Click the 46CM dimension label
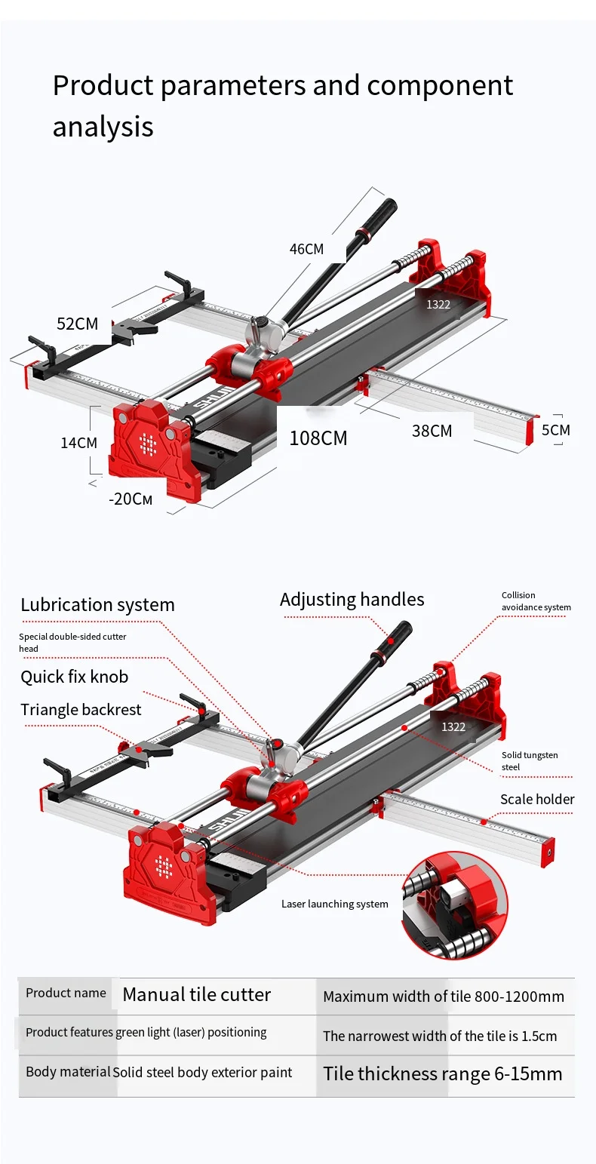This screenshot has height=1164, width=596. (x=306, y=249)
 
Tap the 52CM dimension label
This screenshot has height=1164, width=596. (x=77, y=324)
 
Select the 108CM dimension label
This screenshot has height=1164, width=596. (x=318, y=438)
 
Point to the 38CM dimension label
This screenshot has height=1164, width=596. (x=432, y=431)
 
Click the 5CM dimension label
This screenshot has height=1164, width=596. (x=555, y=430)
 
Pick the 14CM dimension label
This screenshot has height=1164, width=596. (x=79, y=443)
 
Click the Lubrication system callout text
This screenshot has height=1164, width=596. (x=97, y=605)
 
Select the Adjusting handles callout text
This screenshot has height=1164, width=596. (x=352, y=600)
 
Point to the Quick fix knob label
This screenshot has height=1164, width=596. (x=74, y=677)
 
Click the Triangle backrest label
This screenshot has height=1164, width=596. (x=81, y=710)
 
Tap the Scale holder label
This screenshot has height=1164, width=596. (x=537, y=800)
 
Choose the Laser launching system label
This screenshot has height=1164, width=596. (x=334, y=904)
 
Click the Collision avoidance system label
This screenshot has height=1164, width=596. (x=536, y=601)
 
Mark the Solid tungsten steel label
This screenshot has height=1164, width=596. (x=530, y=761)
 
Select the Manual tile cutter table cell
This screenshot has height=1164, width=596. (x=196, y=995)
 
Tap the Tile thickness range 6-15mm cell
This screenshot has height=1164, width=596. (x=443, y=1074)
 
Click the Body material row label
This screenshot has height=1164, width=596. (x=68, y=1072)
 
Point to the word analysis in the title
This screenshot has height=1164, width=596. (x=103, y=127)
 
